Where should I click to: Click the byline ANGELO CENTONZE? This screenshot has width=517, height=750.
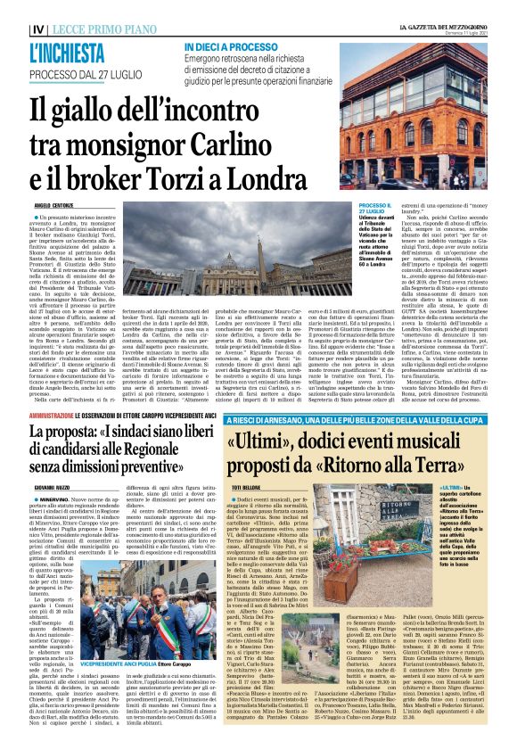point(53,205)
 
